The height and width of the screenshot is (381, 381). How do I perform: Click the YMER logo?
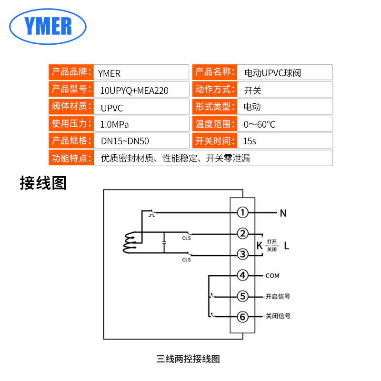tap(48, 26)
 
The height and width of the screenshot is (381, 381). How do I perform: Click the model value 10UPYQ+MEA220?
tap(134, 90)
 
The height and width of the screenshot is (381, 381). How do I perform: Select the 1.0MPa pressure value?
tap(115, 125)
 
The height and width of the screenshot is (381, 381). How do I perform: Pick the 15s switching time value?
tap(250, 141)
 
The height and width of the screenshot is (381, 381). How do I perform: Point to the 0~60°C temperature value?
tap(260, 125)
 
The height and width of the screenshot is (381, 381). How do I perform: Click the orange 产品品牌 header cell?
tap(70, 73)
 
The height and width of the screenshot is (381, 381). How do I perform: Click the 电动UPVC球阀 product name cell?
tap(272, 73)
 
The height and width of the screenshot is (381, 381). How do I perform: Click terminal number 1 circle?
tap(243, 212)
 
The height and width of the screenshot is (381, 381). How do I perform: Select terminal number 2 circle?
tap(243, 233)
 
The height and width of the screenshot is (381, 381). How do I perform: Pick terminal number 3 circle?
tap(243, 254)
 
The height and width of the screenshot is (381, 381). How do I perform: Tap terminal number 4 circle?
tap(243, 275)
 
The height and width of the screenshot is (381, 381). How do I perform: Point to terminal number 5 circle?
tap(243, 296)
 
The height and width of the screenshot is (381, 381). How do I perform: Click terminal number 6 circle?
tap(243, 316)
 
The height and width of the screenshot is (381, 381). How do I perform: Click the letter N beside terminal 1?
tap(283, 213)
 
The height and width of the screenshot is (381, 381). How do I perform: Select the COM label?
tap(272, 276)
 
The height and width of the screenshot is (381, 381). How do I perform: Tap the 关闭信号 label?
tap(278, 316)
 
